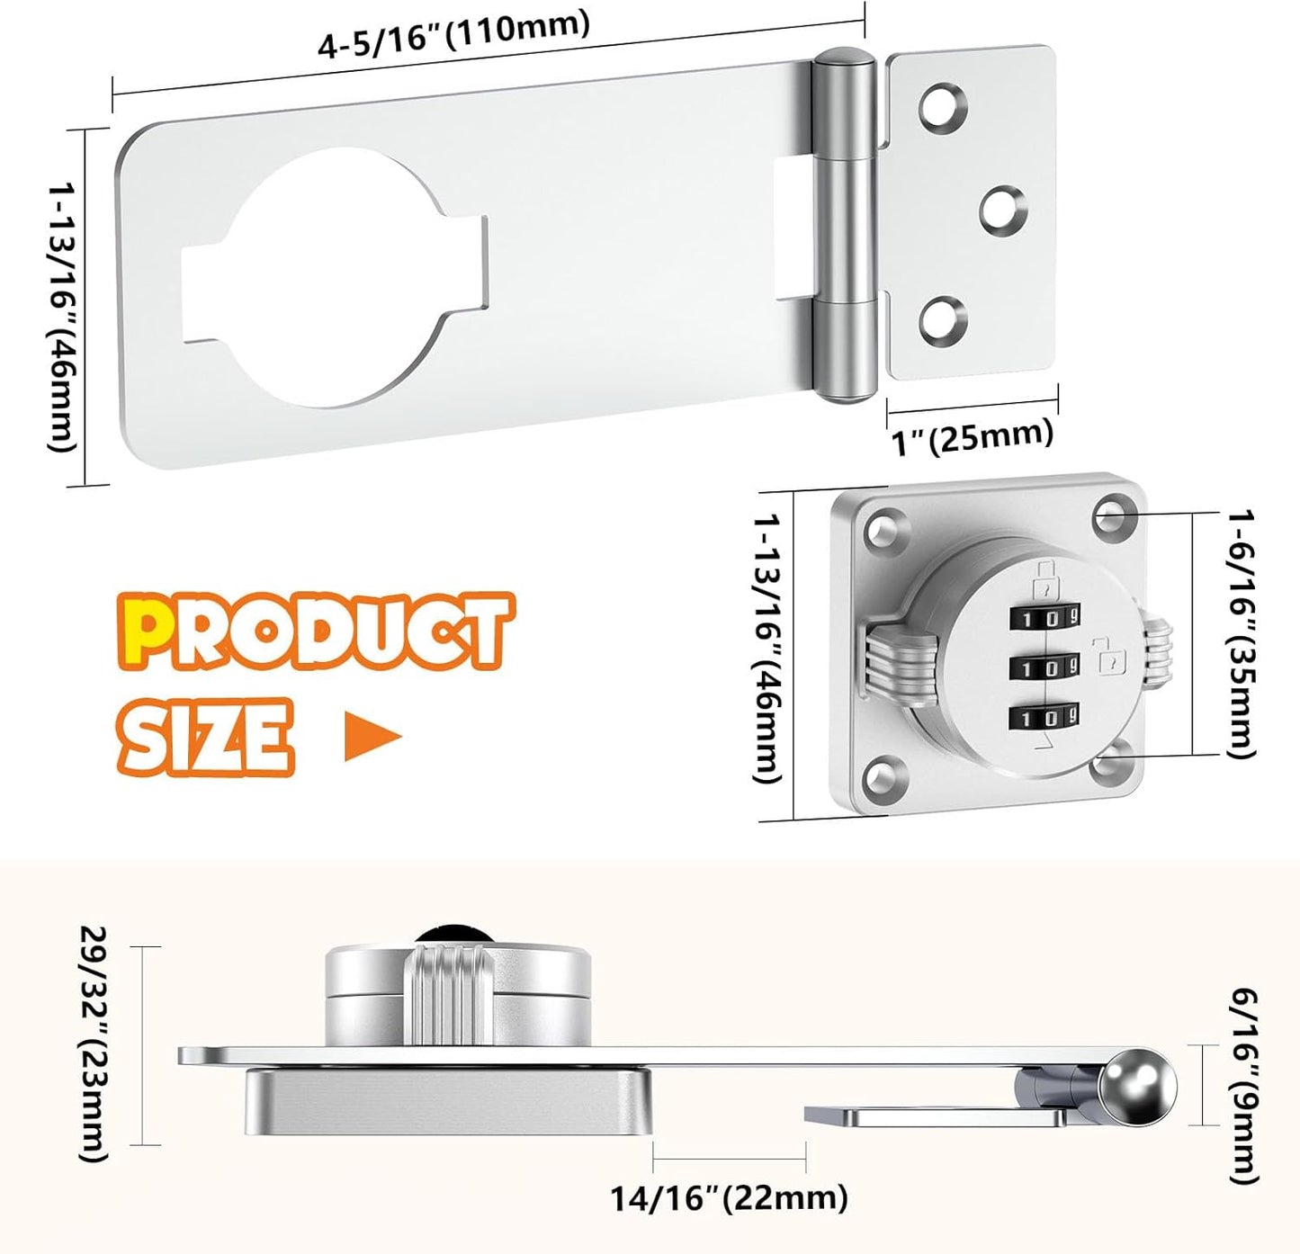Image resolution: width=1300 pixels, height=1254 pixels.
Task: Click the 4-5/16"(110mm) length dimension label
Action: pyautogui.click(x=453, y=34)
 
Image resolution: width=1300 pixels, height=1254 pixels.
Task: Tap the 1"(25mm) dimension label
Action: pyautogui.click(x=973, y=438)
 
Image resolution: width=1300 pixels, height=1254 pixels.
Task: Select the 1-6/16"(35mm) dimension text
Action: pyautogui.click(x=1242, y=634)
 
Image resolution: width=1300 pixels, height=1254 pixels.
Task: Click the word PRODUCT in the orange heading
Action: pyautogui.click(x=315, y=632)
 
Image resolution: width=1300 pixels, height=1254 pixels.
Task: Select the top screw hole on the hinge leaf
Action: pyautogui.click(x=943, y=107)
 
